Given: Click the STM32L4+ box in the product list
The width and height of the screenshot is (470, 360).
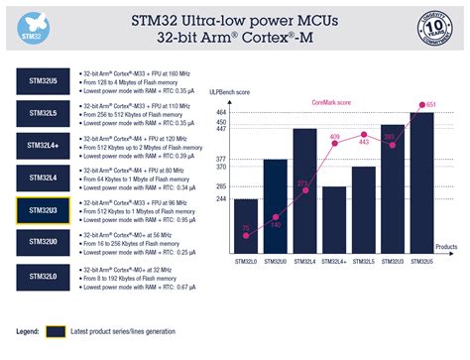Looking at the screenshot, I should (x=43, y=147).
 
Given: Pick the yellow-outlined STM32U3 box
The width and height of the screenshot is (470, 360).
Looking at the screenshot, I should (x=43, y=211).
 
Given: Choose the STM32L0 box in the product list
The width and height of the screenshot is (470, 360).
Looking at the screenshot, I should (x=43, y=275).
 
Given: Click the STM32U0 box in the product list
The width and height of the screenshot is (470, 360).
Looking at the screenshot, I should (x=43, y=243).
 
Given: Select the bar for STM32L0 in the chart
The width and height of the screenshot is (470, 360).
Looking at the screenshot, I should (x=246, y=226).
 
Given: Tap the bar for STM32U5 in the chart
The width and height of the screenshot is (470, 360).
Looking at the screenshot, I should (x=421, y=182).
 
